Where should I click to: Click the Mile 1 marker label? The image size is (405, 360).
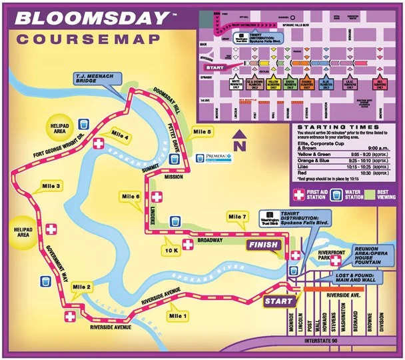179,315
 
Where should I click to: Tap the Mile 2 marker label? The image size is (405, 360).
82,287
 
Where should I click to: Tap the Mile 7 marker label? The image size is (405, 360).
237,217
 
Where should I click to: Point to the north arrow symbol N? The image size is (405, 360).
238,142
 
